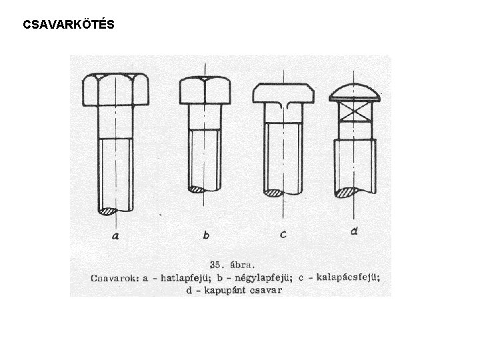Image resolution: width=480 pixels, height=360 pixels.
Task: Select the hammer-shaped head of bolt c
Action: coord(283,93)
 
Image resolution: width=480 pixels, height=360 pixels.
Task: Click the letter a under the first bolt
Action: coord(116,235)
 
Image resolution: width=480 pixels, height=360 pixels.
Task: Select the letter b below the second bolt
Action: coord(206,235)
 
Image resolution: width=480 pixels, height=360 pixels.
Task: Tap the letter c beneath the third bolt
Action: coord(284,235)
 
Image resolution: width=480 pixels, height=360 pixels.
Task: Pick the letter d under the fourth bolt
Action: coord(354,231)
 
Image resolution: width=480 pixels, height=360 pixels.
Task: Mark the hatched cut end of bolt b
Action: coord(198,189)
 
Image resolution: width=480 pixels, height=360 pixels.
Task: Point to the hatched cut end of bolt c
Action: coord(275,193)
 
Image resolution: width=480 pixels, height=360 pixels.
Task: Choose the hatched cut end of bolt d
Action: coord(347,193)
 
